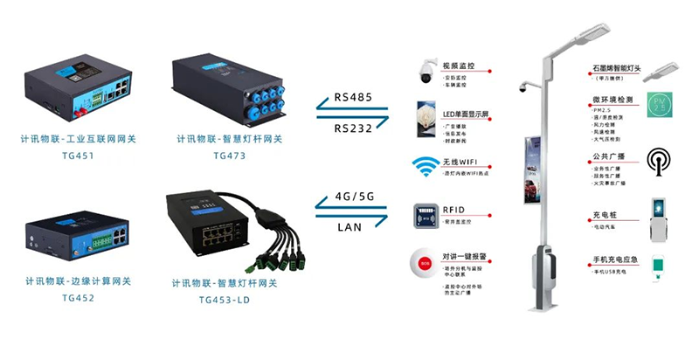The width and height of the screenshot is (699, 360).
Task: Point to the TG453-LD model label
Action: [225, 298]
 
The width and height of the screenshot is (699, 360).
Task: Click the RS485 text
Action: [351, 99]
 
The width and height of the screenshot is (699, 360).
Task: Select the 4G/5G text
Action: [351, 197]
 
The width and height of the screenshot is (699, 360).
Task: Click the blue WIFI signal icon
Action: [426, 167]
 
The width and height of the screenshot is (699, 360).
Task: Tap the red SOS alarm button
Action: [426, 261]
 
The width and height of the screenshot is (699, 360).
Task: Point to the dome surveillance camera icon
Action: [426, 72]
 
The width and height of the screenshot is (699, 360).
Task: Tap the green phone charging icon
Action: [657, 265]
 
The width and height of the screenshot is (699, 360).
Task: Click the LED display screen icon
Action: [426, 117]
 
